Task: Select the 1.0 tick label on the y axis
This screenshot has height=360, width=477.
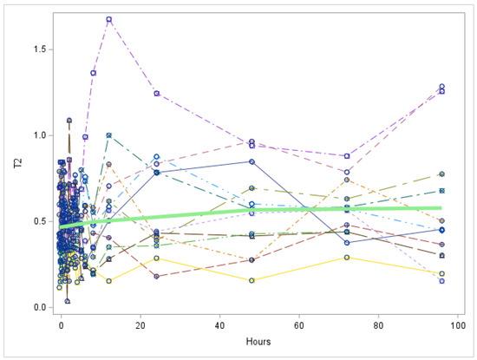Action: tap(37, 135)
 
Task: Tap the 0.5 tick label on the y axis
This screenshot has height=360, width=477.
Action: tap(37, 221)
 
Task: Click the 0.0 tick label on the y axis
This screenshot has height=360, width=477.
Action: tap(37, 307)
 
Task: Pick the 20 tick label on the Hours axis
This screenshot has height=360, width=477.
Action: tap(140, 326)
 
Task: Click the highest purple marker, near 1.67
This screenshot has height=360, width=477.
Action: tap(109, 19)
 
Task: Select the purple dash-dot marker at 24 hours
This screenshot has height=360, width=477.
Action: tap(156, 93)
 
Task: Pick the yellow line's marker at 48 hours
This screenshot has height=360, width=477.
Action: tap(252, 280)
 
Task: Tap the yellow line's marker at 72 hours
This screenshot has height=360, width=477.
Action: tap(347, 257)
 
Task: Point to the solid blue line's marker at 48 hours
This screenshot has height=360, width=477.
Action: tap(252, 161)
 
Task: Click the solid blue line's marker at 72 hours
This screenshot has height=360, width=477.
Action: tap(347, 242)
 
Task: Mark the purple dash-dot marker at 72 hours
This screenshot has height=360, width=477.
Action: tap(347, 156)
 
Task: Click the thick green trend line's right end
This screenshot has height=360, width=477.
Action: tap(441, 208)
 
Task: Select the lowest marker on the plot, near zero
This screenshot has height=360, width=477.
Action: tap(67, 301)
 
